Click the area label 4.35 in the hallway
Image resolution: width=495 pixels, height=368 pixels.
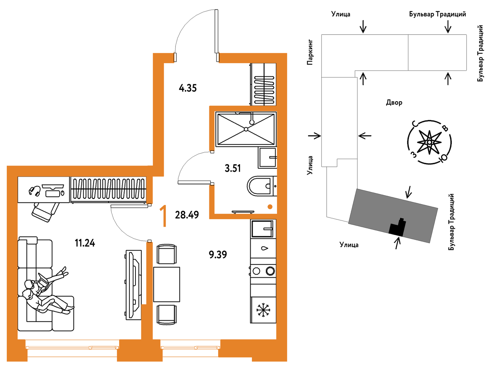(188, 88)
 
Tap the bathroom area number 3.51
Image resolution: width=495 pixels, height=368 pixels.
(233, 168)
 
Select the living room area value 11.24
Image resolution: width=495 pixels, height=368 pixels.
(85, 243)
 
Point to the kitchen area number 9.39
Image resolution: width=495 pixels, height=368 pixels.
(218, 254)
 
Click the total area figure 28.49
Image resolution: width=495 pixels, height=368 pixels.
(187, 215)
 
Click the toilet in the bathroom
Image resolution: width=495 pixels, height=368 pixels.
(260, 186)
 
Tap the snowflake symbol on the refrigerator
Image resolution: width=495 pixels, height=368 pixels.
(263, 310)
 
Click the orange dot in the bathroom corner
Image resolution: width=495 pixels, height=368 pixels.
(270, 206)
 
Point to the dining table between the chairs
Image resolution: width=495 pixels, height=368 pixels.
(166, 284)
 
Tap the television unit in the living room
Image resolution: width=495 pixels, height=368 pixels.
(133, 285)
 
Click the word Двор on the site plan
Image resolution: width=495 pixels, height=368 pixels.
(394, 103)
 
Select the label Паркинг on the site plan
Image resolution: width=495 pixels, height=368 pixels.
(310, 52)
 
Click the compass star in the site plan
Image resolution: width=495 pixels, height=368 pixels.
(429, 142)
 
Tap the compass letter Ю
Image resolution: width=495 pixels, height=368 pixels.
(444, 158)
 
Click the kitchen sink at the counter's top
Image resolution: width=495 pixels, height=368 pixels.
(262, 229)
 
